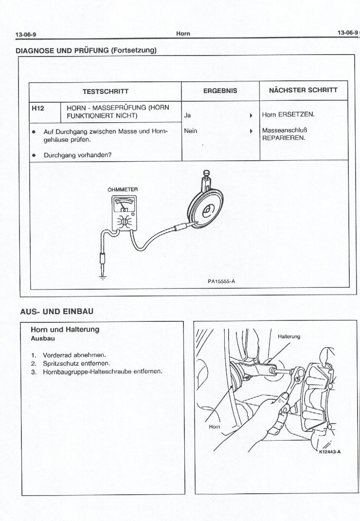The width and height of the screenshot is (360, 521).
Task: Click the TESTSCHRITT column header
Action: [105, 91]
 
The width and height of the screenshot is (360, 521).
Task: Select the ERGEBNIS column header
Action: [220, 91]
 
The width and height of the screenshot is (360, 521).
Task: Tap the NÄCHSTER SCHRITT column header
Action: [303, 90]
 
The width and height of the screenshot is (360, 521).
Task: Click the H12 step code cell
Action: [38, 108]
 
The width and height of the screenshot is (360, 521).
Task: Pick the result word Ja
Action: [187, 115]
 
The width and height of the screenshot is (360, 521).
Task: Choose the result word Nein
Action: [191, 130]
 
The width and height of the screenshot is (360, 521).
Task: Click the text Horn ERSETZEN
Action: [288, 115]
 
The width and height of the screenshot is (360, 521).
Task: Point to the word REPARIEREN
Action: [284, 138]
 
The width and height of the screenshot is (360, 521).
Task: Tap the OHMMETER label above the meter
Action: [123, 189]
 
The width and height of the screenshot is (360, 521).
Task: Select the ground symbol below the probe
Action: [102, 276]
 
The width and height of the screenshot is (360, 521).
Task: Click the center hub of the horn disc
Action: [206, 210]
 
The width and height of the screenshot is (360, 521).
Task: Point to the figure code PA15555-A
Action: [221, 281]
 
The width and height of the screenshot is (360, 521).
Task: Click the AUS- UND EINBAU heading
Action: [56, 311]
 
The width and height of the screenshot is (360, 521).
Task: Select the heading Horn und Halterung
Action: [65, 330]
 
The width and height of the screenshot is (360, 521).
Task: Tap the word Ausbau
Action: [43, 338]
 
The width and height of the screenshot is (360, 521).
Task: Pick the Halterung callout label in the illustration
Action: [289, 336]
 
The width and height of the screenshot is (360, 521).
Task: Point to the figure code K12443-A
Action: [330, 451]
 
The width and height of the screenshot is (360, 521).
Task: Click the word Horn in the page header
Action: [183, 34]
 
